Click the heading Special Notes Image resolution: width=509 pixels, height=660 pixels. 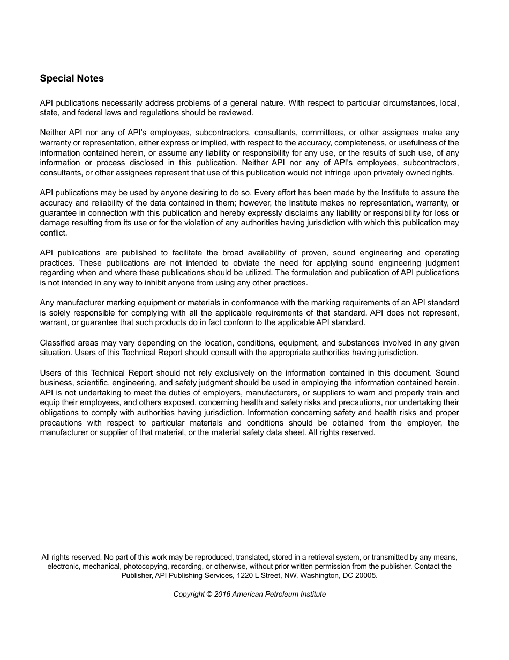(72, 78)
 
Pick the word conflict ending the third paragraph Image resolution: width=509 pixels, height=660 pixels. (53, 233)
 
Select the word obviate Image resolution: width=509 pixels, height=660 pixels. (258, 263)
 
